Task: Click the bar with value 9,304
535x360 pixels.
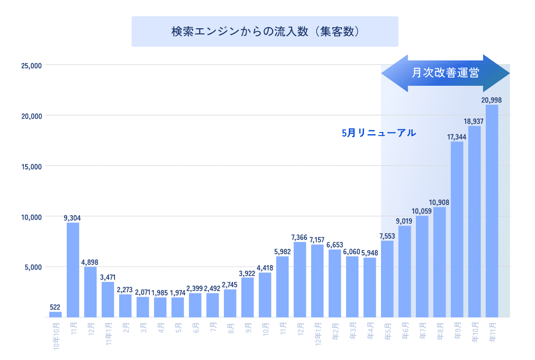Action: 72,270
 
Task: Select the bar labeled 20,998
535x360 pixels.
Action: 491,211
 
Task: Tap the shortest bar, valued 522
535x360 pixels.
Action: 55,314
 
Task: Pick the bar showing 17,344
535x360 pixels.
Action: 456,229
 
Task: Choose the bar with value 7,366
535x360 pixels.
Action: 300,279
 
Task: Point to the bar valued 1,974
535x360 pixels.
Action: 177,307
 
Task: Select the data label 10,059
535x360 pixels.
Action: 422,211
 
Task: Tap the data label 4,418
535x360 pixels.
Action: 265,268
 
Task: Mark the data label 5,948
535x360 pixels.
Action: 369,253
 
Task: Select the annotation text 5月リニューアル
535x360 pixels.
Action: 378,133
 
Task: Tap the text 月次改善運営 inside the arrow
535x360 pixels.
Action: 445,73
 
